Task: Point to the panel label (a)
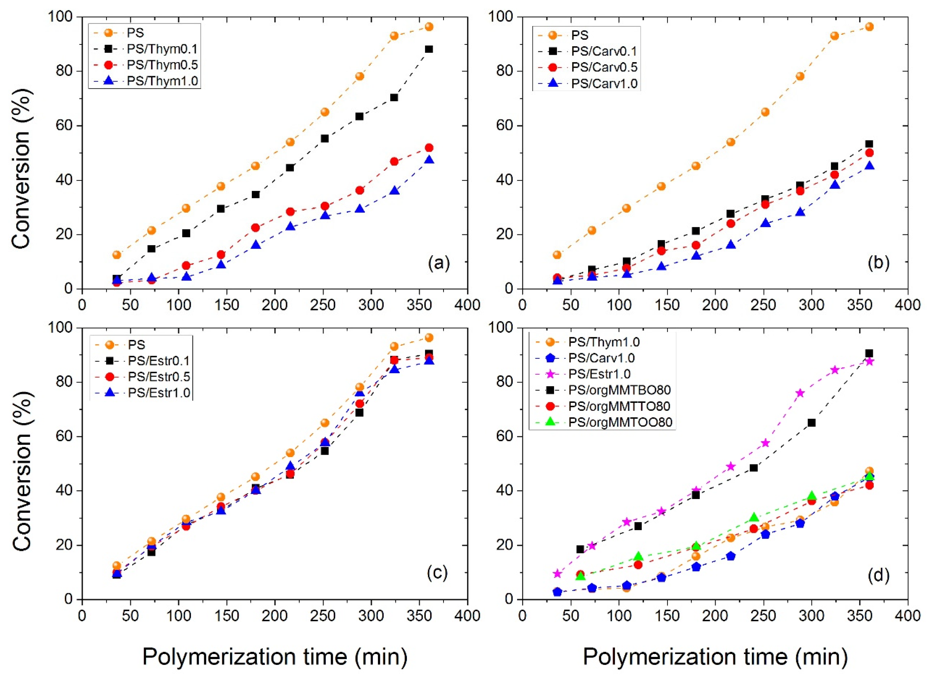click(x=439, y=263)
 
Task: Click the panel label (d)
click(x=878, y=575)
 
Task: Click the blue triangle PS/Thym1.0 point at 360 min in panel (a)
click(x=429, y=159)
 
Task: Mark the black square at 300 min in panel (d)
click(x=811, y=423)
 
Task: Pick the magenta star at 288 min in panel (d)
click(x=800, y=393)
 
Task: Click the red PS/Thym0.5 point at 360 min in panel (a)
click(x=429, y=147)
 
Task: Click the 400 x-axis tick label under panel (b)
click(x=908, y=305)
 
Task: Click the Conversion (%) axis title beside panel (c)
click(x=21, y=464)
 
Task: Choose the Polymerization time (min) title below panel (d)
click(x=715, y=656)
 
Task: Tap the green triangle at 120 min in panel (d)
click(x=638, y=556)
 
